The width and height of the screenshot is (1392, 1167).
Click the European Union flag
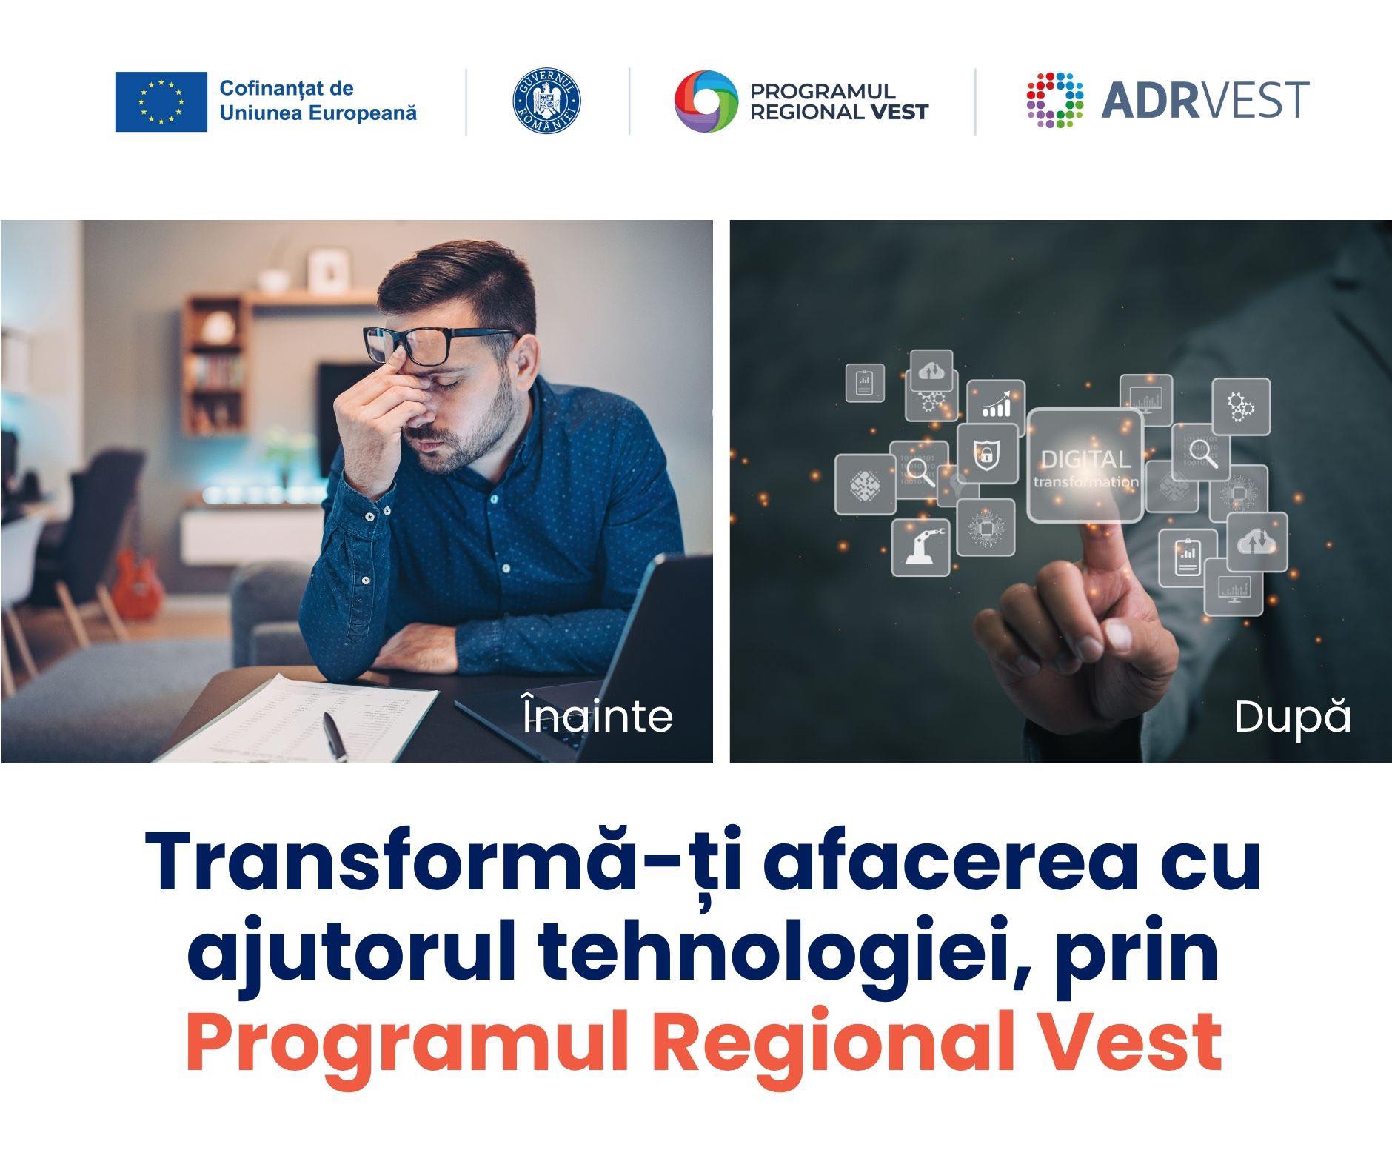(x=161, y=101)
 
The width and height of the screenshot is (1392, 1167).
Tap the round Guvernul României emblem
(x=546, y=101)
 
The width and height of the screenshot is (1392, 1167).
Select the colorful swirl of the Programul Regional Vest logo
(x=706, y=101)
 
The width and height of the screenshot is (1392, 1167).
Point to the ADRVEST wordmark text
(x=1205, y=101)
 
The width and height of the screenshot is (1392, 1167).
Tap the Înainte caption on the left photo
(x=598, y=715)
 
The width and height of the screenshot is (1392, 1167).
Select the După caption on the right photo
(x=1292, y=716)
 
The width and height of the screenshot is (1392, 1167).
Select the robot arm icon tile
(x=920, y=546)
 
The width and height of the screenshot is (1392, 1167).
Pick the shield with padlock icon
(x=986, y=453)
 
